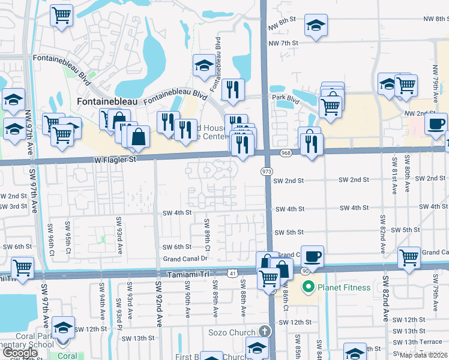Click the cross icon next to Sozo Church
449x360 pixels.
[265, 331]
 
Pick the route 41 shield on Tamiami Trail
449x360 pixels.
[232, 274]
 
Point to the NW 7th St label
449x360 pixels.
[283, 43]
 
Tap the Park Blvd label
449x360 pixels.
[285, 97]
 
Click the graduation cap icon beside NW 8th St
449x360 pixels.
[316, 25]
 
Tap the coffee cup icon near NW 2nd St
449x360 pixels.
[436, 124]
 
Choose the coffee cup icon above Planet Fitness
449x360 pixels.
[312, 257]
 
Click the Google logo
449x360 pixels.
[20, 353]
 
